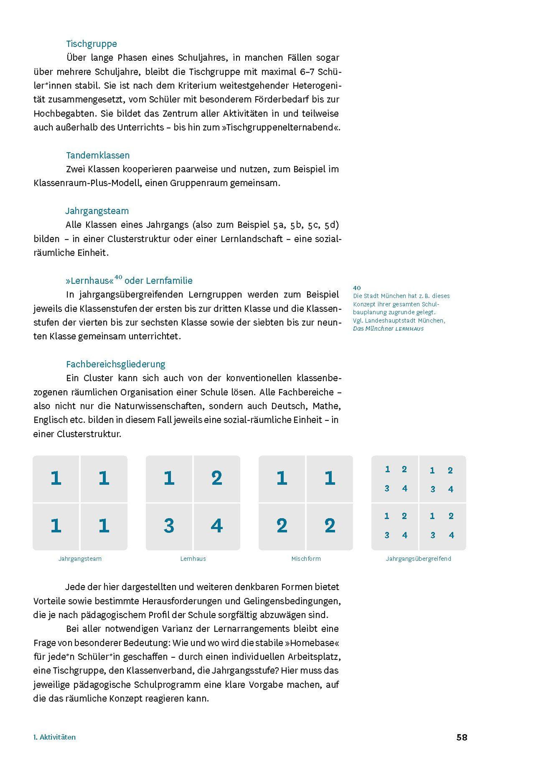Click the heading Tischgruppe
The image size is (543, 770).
pos(91,44)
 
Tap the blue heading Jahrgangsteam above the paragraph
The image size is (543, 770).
pos(97,211)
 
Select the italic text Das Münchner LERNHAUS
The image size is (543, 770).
pos(388,329)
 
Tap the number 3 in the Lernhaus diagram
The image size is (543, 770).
pos(169,526)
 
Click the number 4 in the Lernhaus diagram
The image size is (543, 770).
pos(217,526)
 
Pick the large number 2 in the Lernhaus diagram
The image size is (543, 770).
pos(217,478)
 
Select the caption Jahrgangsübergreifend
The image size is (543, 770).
pos(418,559)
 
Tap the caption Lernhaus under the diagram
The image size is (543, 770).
pos(193,559)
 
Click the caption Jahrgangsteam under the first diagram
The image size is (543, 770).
pos(80,559)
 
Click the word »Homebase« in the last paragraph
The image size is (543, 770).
pos(312,643)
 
